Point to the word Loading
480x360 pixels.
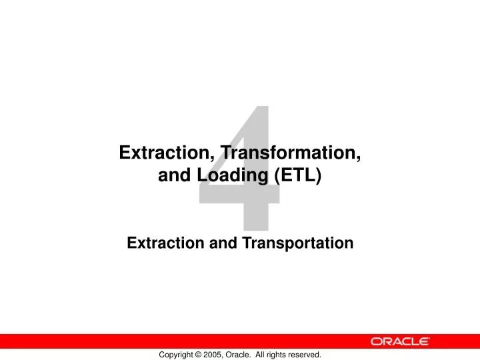click(229, 177)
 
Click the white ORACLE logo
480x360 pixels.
click(401, 341)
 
